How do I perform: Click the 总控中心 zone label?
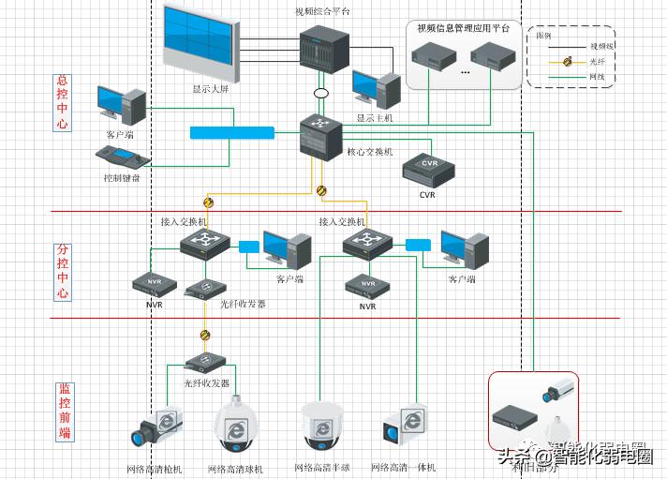coord(63,103)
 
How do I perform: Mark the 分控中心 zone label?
coord(63,272)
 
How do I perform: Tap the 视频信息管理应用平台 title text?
coord(463,28)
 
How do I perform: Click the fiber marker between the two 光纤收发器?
coord(205,335)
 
